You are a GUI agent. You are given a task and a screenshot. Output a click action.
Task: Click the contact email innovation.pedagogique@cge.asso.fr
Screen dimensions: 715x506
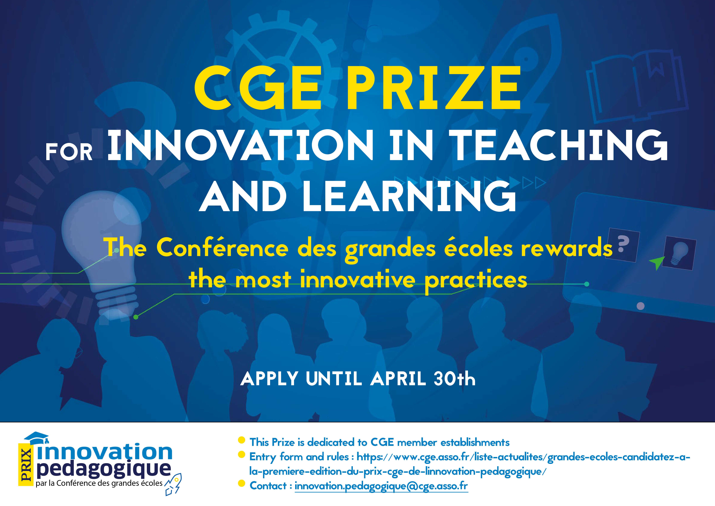[381, 486]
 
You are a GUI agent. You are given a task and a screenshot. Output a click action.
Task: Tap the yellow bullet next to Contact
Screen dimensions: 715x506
[241, 483]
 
